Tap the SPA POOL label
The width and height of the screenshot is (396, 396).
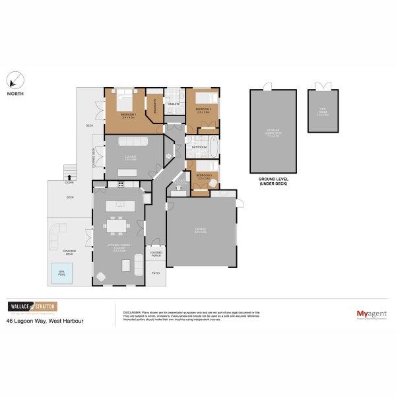click(x=61, y=273)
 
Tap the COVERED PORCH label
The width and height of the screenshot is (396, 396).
click(x=156, y=253)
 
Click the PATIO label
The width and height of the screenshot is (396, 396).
click(x=156, y=272)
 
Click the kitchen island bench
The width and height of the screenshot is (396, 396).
click(x=119, y=204)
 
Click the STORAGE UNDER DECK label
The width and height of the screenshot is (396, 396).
click(x=273, y=134)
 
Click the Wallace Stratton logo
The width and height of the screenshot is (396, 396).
click(x=32, y=306)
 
